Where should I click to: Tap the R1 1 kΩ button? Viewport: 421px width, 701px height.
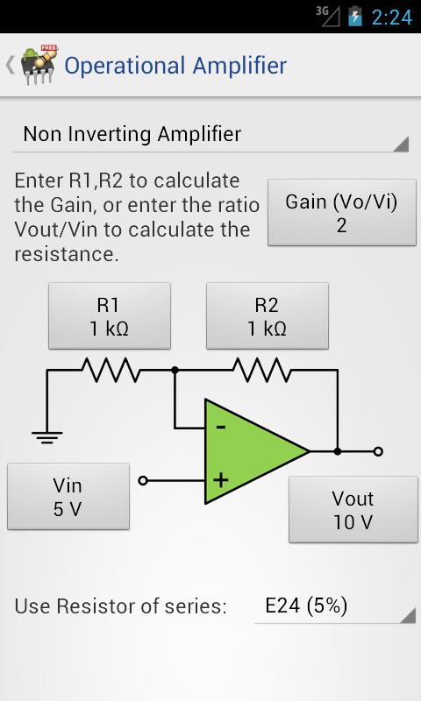[108, 316]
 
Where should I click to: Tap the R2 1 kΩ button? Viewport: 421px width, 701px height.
[267, 316]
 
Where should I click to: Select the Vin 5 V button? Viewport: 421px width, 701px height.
[68, 496]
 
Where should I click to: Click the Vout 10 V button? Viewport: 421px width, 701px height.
[353, 510]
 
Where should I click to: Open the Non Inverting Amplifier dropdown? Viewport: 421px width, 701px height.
[210, 135]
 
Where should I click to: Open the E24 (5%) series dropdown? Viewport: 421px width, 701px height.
[334, 606]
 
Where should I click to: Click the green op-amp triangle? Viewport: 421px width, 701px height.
[250, 452]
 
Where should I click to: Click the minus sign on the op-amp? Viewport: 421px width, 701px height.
[220, 427]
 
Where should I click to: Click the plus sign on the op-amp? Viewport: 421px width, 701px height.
[220, 479]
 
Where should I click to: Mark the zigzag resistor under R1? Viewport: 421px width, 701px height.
[111, 370]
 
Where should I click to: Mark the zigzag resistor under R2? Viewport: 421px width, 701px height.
[264, 370]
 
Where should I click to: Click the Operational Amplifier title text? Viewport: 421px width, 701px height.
[175, 66]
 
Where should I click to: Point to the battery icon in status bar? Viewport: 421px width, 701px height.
[354, 17]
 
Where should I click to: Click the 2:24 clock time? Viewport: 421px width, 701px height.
[391, 17]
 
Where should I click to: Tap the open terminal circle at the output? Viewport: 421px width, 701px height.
[377, 451]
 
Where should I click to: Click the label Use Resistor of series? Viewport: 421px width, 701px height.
[120, 606]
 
